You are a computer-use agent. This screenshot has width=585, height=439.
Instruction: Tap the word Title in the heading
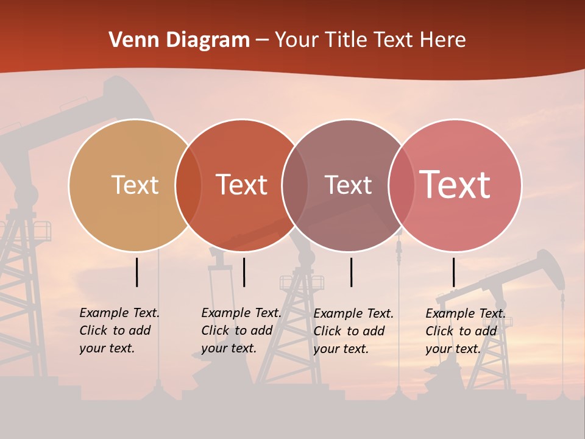[x=345, y=40]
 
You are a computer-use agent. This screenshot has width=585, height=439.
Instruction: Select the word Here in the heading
[x=444, y=40]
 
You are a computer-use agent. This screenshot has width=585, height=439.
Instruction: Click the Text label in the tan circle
[x=135, y=185]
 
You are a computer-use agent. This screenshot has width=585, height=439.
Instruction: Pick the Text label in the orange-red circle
[x=241, y=185]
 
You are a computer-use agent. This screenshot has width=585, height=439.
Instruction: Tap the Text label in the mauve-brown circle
[x=348, y=185]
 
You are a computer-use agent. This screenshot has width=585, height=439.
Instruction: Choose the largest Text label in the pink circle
[x=455, y=185]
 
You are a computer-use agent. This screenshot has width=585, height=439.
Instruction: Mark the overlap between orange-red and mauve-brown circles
[x=295, y=185]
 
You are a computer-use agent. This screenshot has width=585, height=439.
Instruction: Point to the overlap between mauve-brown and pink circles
[x=402, y=185]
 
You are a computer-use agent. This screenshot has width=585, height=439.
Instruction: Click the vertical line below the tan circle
[x=137, y=272]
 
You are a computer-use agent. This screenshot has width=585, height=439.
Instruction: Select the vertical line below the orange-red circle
[x=244, y=272]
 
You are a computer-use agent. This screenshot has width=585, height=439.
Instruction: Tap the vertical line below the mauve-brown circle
[x=352, y=272]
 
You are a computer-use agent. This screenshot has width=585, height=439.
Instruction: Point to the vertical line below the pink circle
[x=454, y=272]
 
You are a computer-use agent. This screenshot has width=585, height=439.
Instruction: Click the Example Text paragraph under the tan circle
[x=119, y=330]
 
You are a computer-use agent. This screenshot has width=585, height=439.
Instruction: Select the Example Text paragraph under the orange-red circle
[x=241, y=330]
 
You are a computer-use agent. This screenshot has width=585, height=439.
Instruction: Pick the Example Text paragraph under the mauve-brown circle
[x=353, y=330]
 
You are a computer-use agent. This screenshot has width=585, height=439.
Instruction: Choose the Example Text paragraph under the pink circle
[x=465, y=330]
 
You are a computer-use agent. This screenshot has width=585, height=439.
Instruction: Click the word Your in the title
[x=297, y=40]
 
